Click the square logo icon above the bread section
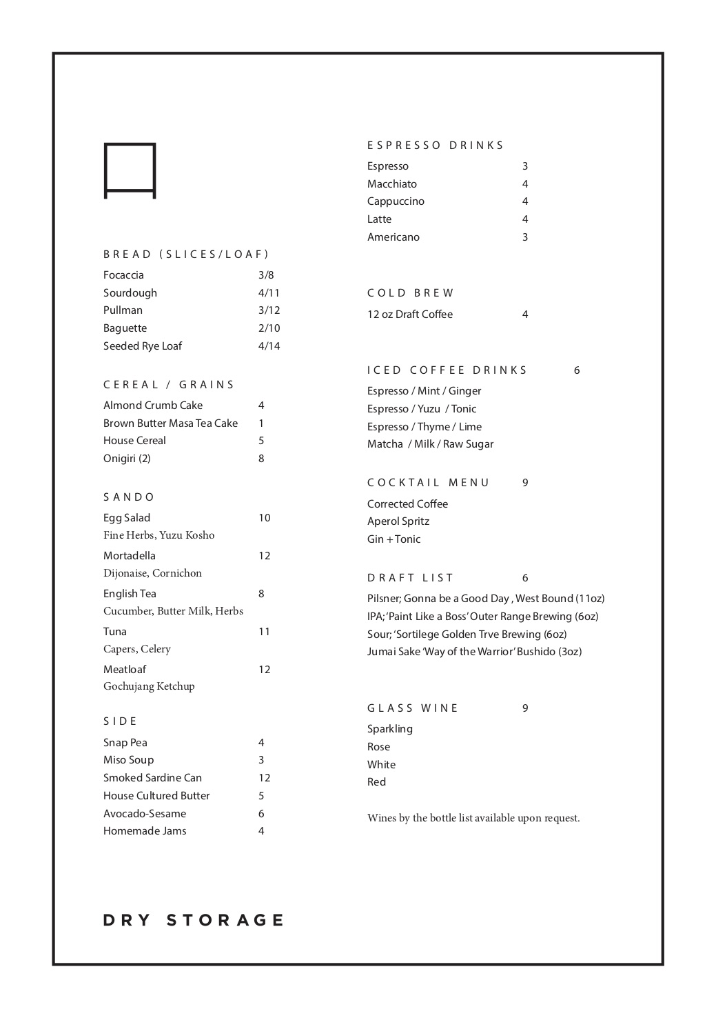130,170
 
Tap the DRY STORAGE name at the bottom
194,920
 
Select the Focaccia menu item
124,275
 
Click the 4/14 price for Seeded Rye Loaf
269,346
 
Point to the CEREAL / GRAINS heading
169,385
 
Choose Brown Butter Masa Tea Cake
170,423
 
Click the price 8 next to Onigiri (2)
261,459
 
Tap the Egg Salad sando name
127,518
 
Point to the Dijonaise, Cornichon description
152,573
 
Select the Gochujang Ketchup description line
149,686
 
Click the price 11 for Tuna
264,632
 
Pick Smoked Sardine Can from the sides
152,778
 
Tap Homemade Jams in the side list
145,831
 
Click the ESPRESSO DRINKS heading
436,146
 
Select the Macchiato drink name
392,184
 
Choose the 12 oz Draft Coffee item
410,315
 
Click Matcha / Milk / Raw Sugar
430,444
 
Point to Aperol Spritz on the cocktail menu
398,521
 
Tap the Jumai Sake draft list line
474,652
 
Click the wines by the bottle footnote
473,819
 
